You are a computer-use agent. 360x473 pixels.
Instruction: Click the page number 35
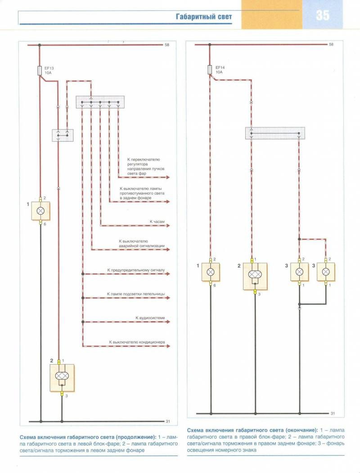click(x=323, y=15)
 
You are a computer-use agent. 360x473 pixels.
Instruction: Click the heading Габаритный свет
click(x=204, y=17)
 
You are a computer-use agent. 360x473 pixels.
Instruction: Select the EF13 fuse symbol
click(x=39, y=71)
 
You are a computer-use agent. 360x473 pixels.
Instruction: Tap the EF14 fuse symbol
click(x=210, y=70)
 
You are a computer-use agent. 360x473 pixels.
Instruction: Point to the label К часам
click(x=157, y=221)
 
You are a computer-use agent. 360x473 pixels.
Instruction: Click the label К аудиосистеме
click(x=150, y=318)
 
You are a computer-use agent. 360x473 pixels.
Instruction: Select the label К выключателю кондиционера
click(x=137, y=342)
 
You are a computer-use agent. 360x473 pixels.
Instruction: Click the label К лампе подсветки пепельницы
click(x=136, y=294)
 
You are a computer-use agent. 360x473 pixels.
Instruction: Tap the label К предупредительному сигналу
click(x=136, y=270)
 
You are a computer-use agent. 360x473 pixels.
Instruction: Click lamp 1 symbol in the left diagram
click(x=40, y=211)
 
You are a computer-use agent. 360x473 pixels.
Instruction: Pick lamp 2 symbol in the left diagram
click(x=62, y=378)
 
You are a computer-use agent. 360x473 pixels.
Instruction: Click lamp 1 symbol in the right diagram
click(x=211, y=272)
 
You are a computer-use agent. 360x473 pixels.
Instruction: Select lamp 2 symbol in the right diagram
click(x=255, y=276)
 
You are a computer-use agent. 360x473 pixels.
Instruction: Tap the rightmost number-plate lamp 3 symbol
click(x=325, y=272)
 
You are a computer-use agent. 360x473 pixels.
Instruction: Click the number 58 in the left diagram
click(x=167, y=45)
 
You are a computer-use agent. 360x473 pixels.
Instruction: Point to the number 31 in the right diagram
click(x=333, y=413)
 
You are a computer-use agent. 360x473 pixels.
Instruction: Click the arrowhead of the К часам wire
click(x=168, y=226)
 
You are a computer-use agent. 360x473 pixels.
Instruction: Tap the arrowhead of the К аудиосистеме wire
click(x=168, y=322)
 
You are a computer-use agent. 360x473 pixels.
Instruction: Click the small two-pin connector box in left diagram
click(x=63, y=135)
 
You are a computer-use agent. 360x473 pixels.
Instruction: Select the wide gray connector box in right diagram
click(x=275, y=133)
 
